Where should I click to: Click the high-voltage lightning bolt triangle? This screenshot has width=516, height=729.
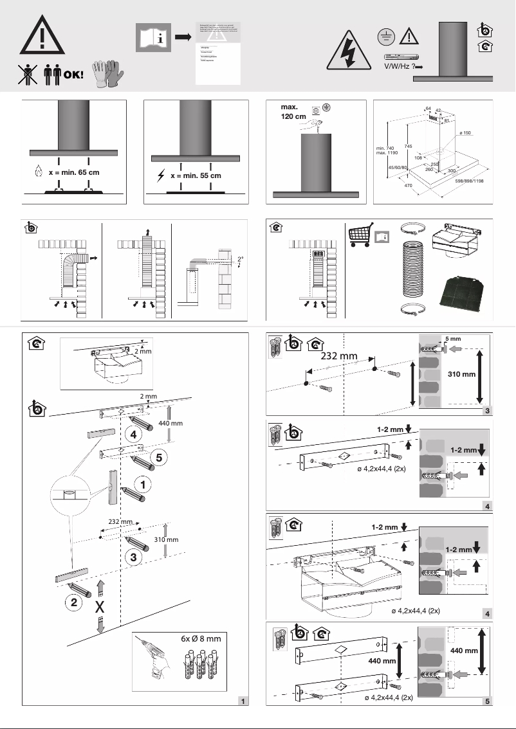[349, 51]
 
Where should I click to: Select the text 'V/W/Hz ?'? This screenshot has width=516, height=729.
[399, 66]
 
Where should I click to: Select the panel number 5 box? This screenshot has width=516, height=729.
[488, 701]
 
